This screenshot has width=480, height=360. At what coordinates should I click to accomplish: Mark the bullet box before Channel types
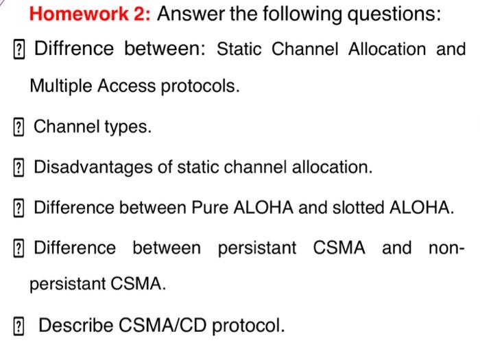pos(19,128)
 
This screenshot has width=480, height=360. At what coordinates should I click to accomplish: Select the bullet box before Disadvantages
pos(19,167)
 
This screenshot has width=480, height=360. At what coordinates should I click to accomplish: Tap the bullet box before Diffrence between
pos(19,49)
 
